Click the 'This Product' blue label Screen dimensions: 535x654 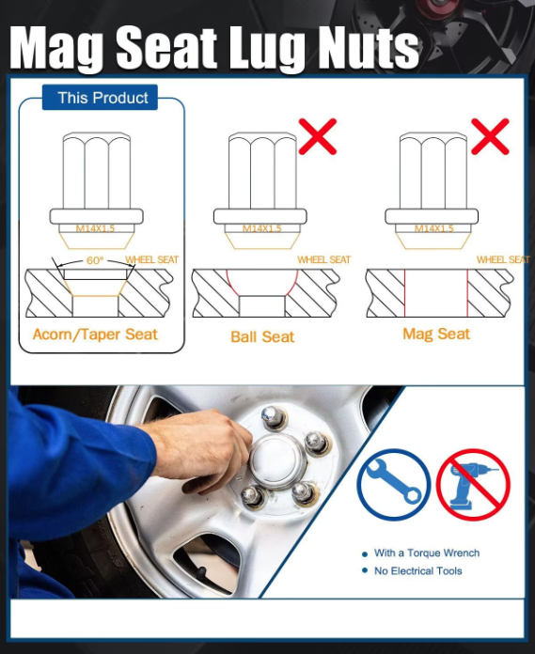[101, 98]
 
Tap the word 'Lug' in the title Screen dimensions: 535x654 [268, 48]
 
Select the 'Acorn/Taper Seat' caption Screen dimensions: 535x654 [95, 335]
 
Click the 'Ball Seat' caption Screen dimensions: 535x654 [262, 336]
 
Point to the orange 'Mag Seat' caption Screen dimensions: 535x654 [436, 335]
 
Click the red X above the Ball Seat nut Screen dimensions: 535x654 [318, 136]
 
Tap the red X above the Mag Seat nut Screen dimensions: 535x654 [490, 136]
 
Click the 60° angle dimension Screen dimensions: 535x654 [95, 260]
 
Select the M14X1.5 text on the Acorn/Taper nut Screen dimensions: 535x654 [95, 228]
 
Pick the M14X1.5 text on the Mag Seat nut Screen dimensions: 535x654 [434, 228]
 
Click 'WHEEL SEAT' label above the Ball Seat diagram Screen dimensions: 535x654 [323, 259]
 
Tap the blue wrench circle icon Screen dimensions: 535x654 [394, 485]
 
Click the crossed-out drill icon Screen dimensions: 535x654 [473, 485]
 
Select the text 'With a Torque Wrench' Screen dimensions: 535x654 [427, 553]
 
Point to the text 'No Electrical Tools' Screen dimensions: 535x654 [418, 571]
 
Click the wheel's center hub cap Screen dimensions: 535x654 [277, 461]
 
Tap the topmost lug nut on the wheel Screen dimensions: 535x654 [274, 417]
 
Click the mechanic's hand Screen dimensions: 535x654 [200, 446]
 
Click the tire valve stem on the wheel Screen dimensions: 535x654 [201, 573]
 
